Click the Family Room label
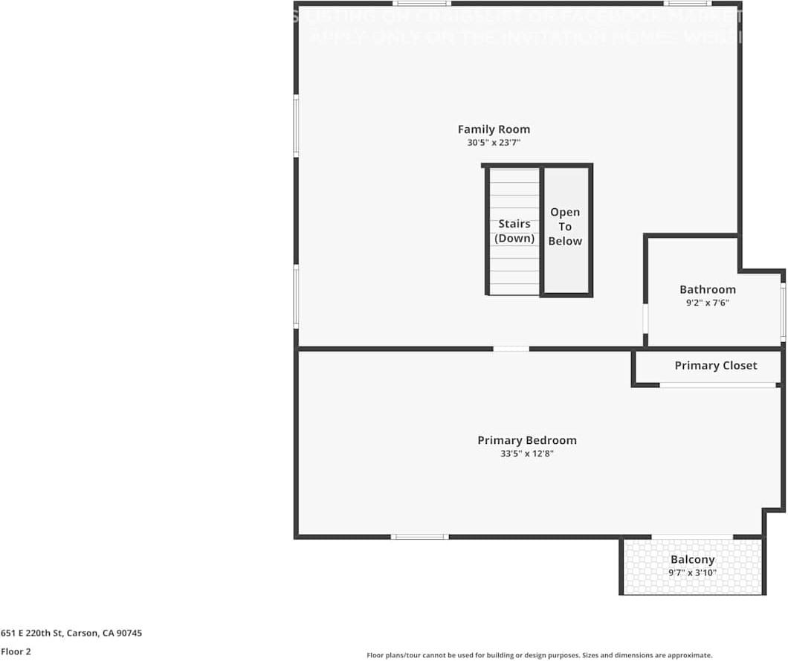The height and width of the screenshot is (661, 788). (x=494, y=129)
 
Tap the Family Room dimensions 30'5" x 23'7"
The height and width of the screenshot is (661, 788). (x=494, y=143)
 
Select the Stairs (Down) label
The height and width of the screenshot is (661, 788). (x=514, y=230)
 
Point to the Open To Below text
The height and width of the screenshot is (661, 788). (x=565, y=227)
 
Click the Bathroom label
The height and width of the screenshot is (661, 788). (x=707, y=289)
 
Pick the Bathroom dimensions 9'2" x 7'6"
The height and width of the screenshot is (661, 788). (x=707, y=303)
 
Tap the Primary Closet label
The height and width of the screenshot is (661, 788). (x=715, y=365)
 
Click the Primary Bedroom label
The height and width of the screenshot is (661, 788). (x=526, y=440)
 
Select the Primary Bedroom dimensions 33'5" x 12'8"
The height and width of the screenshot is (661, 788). (x=526, y=453)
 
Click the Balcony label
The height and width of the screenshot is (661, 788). (x=692, y=559)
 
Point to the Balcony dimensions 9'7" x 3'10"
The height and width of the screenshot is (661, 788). (x=692, y=573)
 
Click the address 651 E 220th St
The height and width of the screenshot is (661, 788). (x=71, y=633)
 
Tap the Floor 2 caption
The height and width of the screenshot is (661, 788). (x=16, y=651)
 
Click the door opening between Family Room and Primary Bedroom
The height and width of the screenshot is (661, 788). (x=511, y=348)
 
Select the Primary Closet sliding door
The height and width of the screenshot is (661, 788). (x=717, y=384)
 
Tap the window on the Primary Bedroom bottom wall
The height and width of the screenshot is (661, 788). (x=419, y=536)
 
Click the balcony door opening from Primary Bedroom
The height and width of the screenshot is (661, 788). (x=692, y=536)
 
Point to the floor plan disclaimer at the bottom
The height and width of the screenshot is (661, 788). (x=539, y=655)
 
